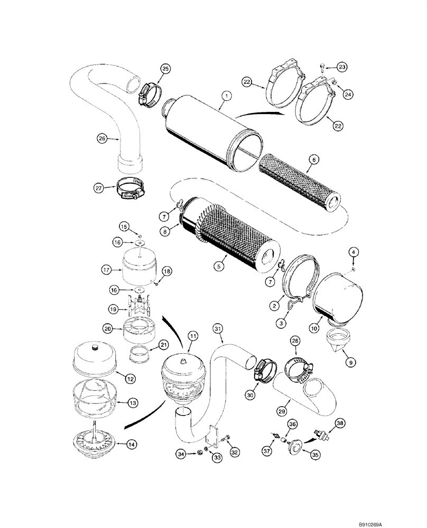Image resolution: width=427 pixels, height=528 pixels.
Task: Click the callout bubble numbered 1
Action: (x=226, y=96)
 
